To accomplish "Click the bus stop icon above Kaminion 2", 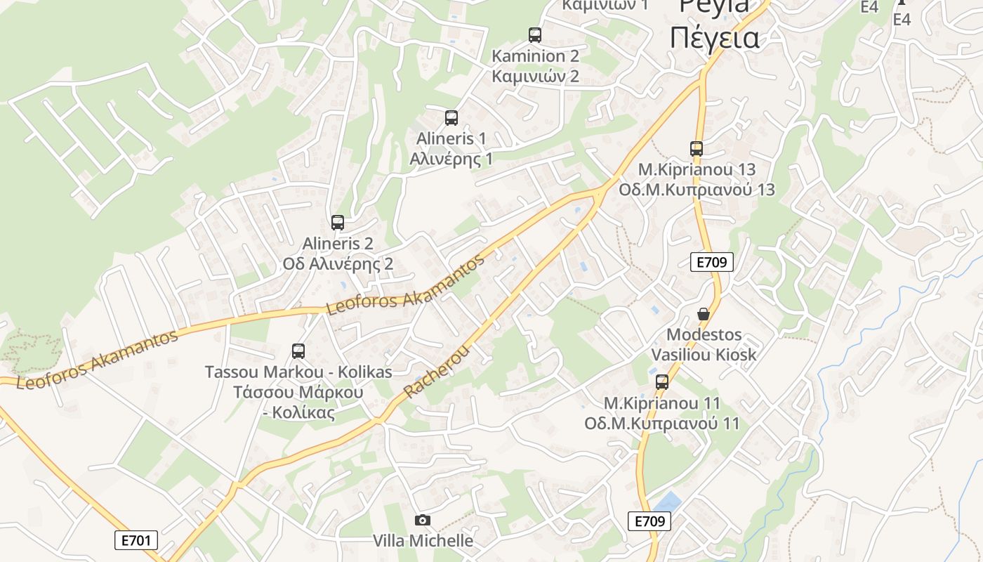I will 535,34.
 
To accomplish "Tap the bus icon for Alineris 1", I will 451,118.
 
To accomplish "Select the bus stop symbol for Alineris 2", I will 338,223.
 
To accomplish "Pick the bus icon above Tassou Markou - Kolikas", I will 298,351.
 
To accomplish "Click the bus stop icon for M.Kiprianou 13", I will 697,149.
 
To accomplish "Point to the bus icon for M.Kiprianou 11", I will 662,382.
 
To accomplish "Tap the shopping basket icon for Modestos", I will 704,313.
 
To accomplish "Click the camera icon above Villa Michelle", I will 423,521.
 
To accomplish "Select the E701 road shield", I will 136,540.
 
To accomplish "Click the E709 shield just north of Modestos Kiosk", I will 712,263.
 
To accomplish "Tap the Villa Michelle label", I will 423,541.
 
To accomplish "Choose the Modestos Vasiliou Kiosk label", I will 704,344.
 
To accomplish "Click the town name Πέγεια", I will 714,38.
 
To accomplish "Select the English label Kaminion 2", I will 535,56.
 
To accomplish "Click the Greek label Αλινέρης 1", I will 451,159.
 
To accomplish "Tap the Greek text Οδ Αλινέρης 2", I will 338,264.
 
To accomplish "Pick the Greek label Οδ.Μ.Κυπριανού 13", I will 697,190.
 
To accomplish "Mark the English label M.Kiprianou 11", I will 662,403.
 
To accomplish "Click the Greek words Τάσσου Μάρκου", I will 298,392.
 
